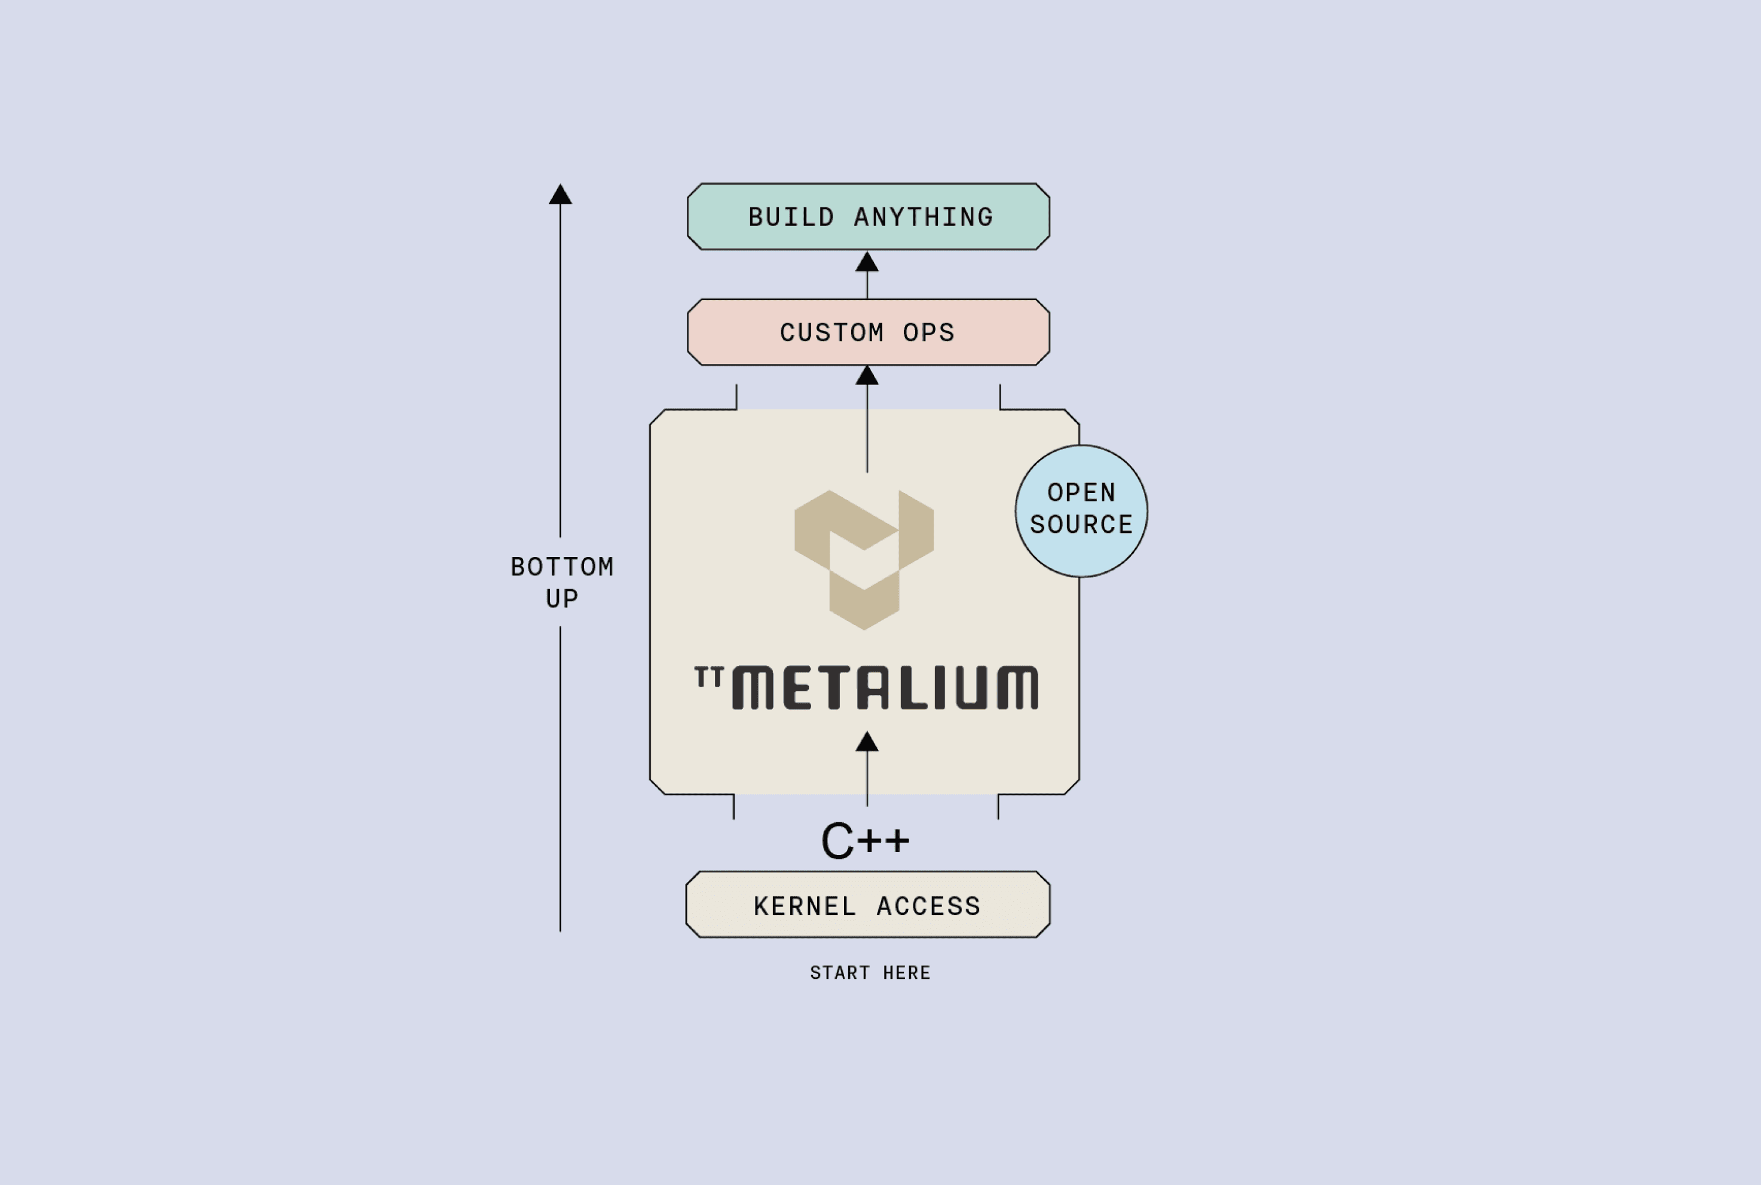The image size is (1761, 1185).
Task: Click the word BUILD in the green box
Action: [x=791, y=218]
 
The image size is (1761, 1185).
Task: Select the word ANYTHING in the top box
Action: [x=923, y=218]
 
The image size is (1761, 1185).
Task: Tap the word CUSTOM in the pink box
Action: [x=831, y=332]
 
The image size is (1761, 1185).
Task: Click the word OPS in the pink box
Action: [x=929, y=332]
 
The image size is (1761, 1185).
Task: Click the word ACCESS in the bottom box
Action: [x=929, y=906]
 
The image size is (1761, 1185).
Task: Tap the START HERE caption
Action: [x=870, y=973]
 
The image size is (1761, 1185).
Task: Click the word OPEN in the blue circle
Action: [x=1081, y=493]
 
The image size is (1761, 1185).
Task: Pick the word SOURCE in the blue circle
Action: [x=1081, y=525]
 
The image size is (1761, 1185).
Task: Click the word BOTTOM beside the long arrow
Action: [x=561, y=567]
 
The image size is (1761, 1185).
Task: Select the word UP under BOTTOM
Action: [x=561, y=599]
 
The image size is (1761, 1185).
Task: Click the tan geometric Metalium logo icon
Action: [x=864, y=559]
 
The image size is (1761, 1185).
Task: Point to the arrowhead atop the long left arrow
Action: [x=560, y=195]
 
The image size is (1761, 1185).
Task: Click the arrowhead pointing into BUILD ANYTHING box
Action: [x=867, y=262]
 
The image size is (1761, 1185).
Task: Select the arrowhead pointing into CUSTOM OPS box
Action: [x=867, y=376]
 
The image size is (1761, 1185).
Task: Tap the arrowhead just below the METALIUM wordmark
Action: [x=867, y=742]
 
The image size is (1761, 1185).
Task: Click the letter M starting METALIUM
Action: [x=753, y=688]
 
